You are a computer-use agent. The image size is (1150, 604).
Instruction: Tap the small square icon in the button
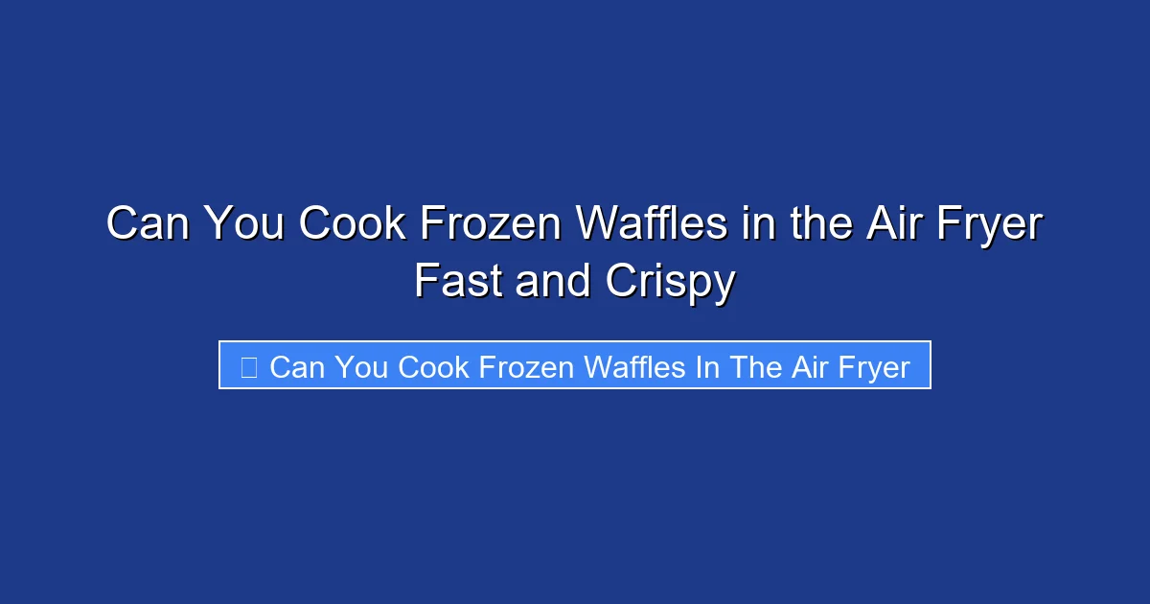point(248,367)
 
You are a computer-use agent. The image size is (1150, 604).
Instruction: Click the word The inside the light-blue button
point(756,367)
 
